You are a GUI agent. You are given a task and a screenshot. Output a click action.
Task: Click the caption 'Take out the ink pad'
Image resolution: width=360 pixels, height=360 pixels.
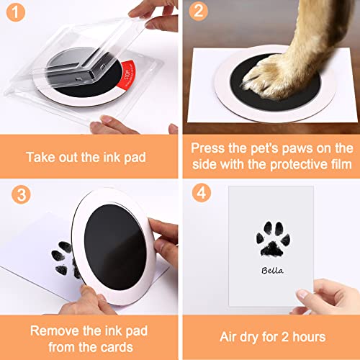coord(89,156)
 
